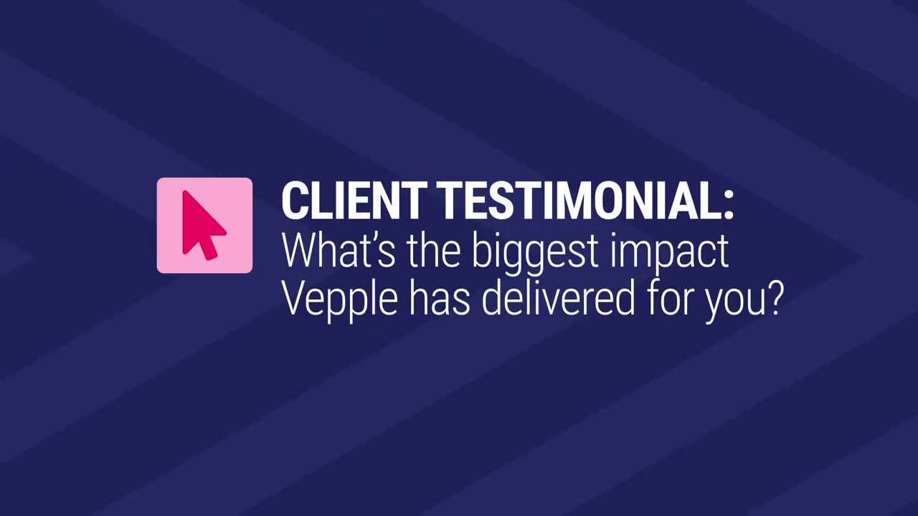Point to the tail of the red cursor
point(210,251)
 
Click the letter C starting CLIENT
point(295,201)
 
